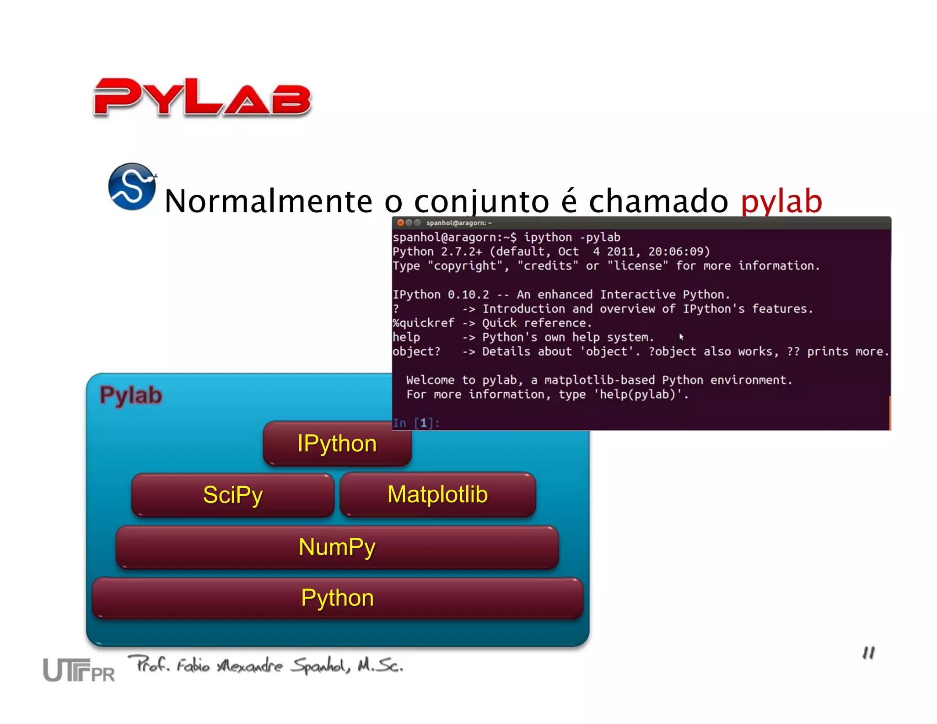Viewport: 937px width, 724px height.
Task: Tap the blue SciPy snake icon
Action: pos(132,187)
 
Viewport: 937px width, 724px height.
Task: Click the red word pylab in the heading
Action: pos(781,201)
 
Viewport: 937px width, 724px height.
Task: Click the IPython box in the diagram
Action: pos(337,443)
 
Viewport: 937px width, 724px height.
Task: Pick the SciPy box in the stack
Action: pos(232,495)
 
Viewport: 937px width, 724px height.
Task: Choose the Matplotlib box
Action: pos(438,495)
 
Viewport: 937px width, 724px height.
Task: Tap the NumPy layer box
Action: pos(337,547)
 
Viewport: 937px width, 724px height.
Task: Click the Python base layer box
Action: pos(337,598)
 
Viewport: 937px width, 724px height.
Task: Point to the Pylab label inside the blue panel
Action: pos(131,395)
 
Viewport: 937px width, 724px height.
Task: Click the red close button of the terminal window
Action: pos(400,223)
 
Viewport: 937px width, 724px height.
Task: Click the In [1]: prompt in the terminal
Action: pos(416,423)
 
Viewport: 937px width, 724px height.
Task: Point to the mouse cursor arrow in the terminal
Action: pos(681,337)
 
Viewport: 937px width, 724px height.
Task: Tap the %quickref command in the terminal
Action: pos(423,323)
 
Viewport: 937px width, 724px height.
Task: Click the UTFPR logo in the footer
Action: pos(79,670)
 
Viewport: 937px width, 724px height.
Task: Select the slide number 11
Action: pos(868,653)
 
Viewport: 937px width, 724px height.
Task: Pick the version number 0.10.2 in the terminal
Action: pos(468,295)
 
